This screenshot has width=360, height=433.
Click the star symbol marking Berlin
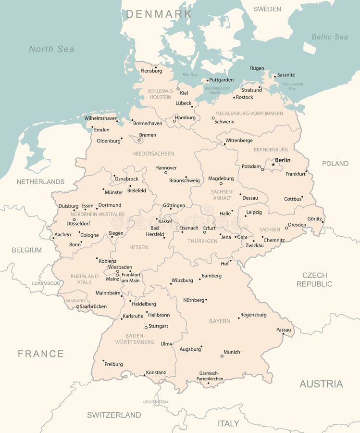click(x=273, y=165)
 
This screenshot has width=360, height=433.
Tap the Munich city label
click(x=232, y=352)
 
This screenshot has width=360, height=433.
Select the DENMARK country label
click(x=159, y=14)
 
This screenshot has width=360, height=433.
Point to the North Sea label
click(x=51, y=49)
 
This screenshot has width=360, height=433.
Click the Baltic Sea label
click(x=329, y=37)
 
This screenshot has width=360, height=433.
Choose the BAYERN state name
click(x=220, y=321)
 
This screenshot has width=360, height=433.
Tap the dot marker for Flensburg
click(x=155, y=67)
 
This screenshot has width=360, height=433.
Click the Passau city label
click(x=284, y=330)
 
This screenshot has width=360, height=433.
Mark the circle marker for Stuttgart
click(x=146, y=328)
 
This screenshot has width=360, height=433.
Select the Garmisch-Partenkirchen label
click(x=210, y=376)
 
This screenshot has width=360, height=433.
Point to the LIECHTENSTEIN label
click(x=155, y=402)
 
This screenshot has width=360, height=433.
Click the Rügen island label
click(x=257, y=68)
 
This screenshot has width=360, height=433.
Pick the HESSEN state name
click(x=138, y=247)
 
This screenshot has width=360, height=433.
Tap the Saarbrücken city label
click(x=93, y=306)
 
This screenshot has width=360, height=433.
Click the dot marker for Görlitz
click(x=323, y=222)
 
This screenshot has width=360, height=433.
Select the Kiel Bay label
click(x=190, y=75)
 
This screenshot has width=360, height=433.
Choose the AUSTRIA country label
click(x=321, y=384)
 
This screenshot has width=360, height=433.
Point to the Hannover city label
click(x=166, y=168)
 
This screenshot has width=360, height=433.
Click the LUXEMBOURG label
click(x=46, y=283)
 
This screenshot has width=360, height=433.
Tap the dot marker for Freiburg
click(x=103, y=360)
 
